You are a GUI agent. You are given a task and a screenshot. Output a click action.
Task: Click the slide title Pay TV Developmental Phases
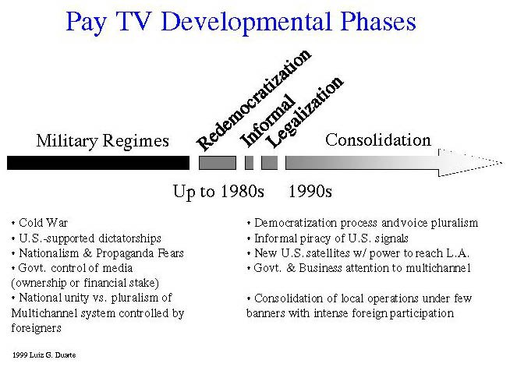tap(241, 22)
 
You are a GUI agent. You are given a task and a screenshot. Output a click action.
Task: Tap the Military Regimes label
tap(102, 141)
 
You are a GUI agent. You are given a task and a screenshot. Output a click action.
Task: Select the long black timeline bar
tap(98, 163)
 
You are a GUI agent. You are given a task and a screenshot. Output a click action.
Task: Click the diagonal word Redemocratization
tap(253, 100)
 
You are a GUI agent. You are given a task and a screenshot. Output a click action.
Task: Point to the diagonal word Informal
tap(267, 121)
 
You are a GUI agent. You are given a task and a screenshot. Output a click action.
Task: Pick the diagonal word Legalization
tap(304, 112)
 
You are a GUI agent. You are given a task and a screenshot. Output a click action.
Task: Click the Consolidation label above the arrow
tap(378, 140)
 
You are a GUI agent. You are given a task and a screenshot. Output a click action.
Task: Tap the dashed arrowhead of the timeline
tap(470, 163)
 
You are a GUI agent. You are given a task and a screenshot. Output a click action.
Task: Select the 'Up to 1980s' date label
tap(218, 192)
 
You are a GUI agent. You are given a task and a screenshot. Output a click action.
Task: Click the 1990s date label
tap(310, 191)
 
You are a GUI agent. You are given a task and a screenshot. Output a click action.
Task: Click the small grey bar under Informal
tap(249, 163)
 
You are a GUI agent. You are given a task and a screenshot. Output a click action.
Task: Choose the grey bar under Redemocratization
tap(218, 163)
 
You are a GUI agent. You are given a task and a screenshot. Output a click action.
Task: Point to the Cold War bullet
tap(40, 223)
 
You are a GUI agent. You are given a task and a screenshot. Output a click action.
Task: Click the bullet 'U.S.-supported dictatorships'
tap(87, 238)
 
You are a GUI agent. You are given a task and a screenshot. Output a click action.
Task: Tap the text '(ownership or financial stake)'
tap(85, 283)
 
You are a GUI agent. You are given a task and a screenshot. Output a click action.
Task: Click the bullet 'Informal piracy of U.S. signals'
tap(328, 238)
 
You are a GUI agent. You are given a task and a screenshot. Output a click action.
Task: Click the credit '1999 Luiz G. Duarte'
tap(44, 355)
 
